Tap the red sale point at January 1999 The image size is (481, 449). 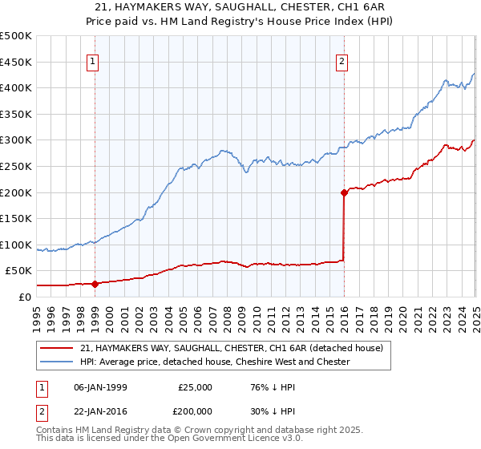click(x=95, y=283)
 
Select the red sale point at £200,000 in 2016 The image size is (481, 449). click(x=344, y=192)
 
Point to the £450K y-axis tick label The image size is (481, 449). click(x=16, y=62)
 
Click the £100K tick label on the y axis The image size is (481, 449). click(x=16, y=245)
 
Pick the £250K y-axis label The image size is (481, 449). click(x=16, y=166)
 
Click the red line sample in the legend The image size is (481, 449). click(x=57, y=348)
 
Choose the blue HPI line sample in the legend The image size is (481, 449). click(x=57, y=362)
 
